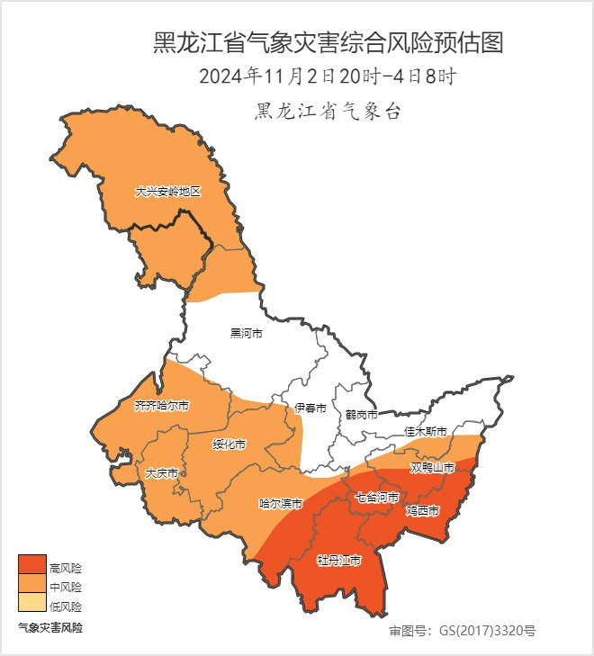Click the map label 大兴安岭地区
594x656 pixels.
click(166, 193)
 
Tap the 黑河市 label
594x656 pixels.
click(246, 334)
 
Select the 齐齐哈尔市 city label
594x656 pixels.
click(162, 406)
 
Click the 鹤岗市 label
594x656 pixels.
click(361, 415)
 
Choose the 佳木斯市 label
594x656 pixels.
click(425, 432)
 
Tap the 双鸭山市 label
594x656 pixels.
click(433, 468)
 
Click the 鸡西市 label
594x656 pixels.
click(422, 511)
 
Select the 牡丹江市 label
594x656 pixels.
click(338, 561)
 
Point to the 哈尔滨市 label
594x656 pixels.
click(280, 504)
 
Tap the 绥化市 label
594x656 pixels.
click(229, 445)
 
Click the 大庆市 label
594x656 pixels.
click(161, 472)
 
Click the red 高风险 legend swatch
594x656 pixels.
click(31, 564)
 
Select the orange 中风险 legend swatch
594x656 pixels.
click(31, 584)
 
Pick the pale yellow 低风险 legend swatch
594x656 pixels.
click(31, 604)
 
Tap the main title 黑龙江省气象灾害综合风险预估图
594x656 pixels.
click(327, 42)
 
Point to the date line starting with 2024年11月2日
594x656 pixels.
click(327, 76)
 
